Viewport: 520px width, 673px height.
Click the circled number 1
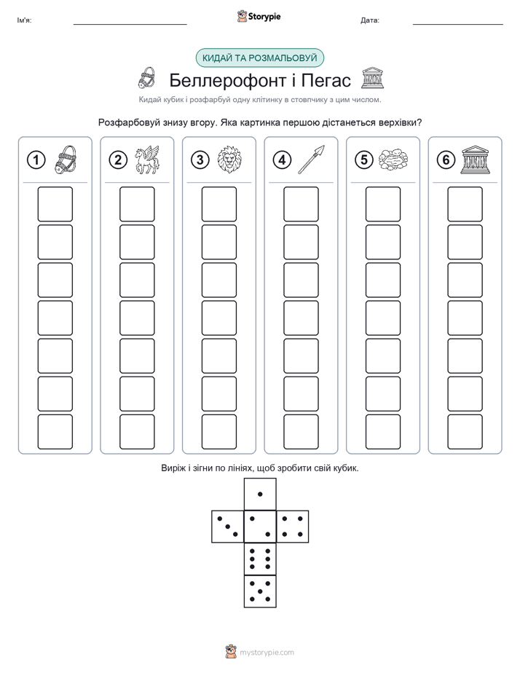[36, 160]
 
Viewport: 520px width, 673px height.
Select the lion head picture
[229, 160]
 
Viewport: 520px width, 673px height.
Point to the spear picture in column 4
[311, 160]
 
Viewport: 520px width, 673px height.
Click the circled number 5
[364, 160]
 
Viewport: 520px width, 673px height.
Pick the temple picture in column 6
[475, 160]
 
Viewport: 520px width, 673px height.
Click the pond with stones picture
[393, 160]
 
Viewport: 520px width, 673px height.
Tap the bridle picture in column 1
[66, 160]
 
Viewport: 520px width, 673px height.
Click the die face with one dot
[260, 495]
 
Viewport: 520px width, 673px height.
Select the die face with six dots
[260, 559]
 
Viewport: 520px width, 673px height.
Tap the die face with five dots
[260, 591]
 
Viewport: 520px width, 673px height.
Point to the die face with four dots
[292, 527]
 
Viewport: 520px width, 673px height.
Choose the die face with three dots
[228, 527]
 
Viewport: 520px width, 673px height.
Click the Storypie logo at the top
[259, 17]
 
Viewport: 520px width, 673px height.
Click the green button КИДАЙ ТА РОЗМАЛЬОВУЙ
[259, 58]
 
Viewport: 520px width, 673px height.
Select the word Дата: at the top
[370, 20]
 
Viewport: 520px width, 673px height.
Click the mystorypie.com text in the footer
[267, 653]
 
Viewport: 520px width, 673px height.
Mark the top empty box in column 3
[218, 204]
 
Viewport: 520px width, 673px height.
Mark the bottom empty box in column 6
[465, 432]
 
